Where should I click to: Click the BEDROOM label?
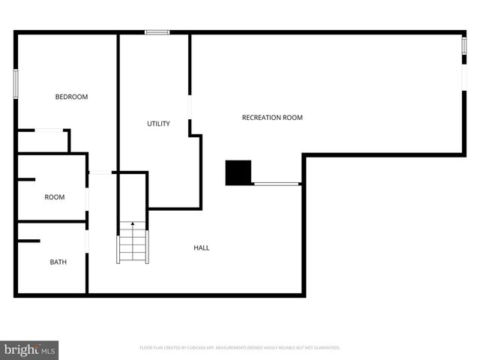tap(72, 97)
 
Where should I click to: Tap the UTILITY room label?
tap(158, 124)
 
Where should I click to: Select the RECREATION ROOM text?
tap(272, 118)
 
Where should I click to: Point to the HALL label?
tap(202, 247)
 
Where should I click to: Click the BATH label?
tap(58, 262)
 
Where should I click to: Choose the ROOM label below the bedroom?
tap(55, 197)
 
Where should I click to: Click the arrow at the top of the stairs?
tap(133, 224)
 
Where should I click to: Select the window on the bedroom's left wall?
tap(16, 82)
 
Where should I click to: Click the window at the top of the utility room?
tap(157, 32)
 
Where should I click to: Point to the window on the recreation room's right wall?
tap(463, 49)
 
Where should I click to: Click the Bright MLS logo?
tap(29, 349)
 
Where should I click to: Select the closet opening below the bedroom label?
tap(49, 130)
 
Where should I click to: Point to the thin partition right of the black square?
tap(277, 184)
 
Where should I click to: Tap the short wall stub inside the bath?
tap(28, 241)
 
